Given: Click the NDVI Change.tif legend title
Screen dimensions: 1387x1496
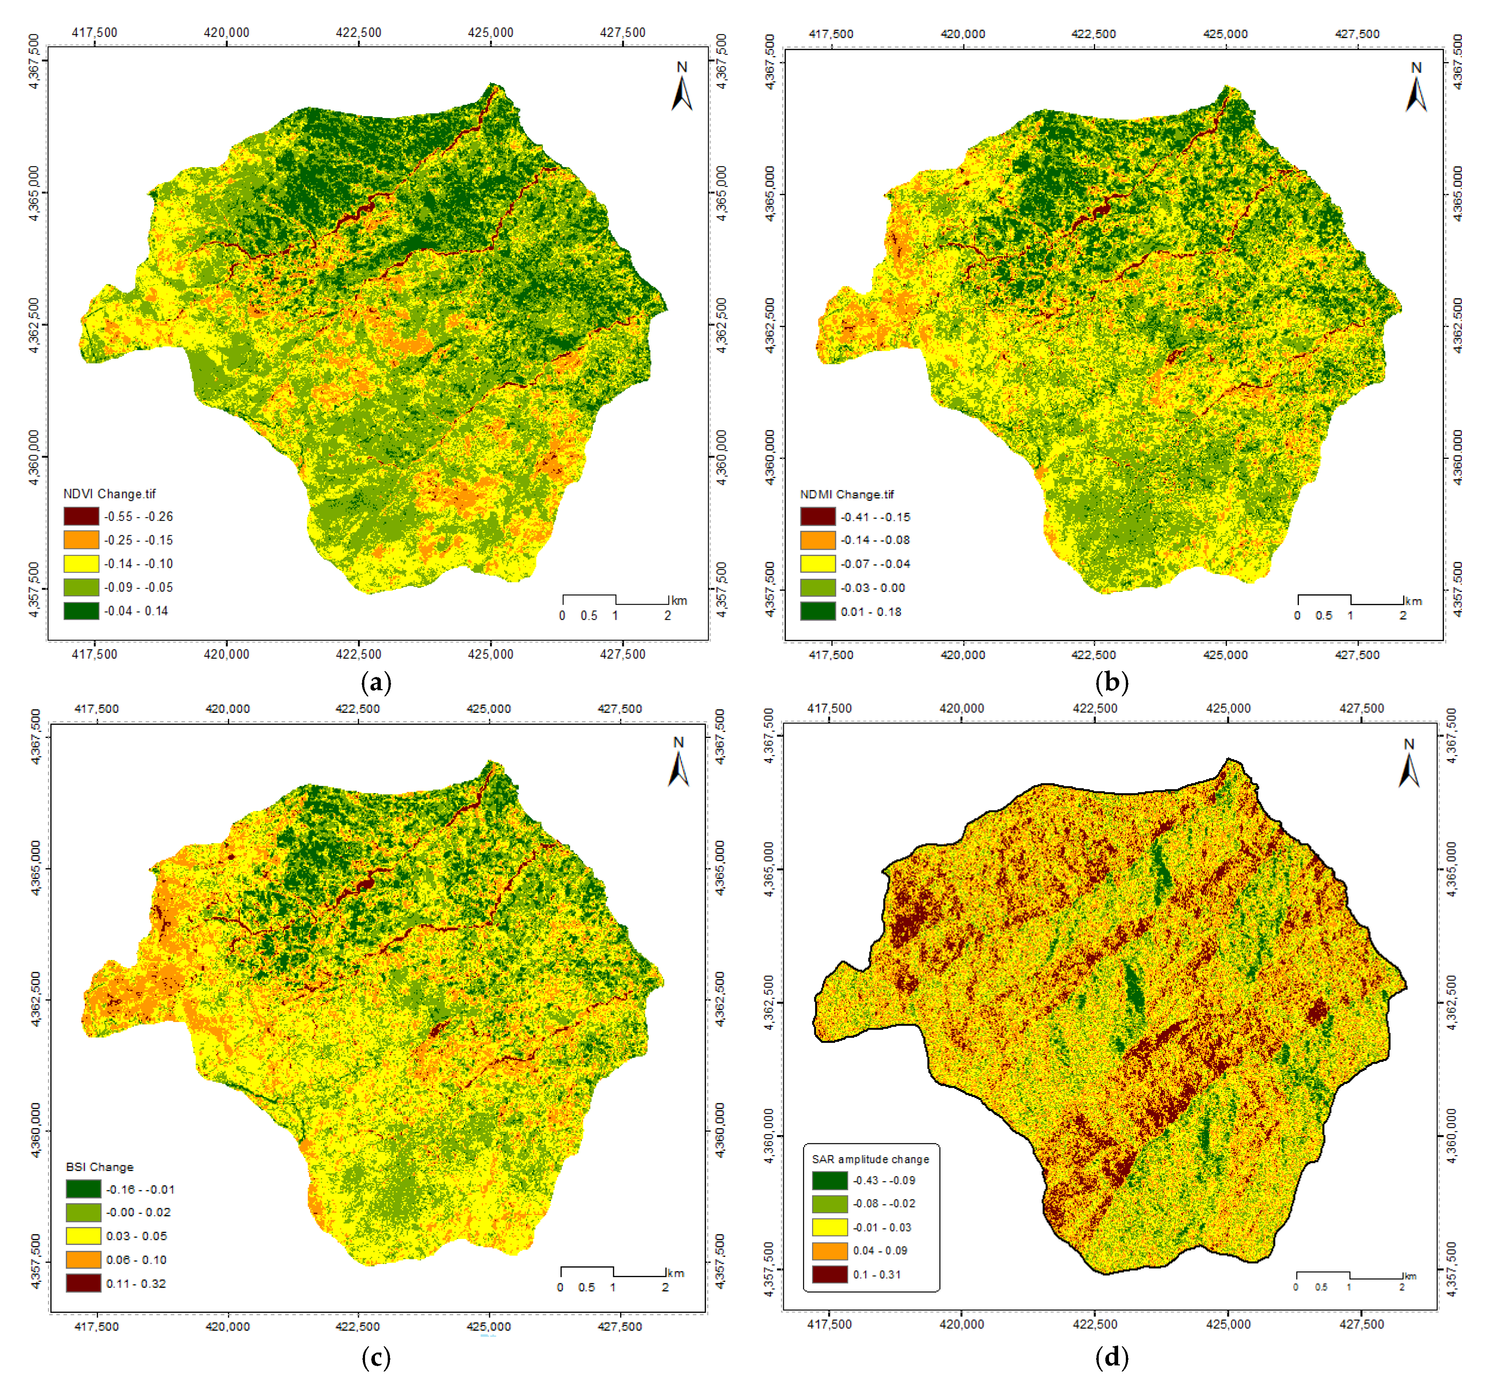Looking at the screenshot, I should click(x=110, y=494).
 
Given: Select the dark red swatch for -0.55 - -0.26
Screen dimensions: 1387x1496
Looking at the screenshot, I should click(x=81, y=516).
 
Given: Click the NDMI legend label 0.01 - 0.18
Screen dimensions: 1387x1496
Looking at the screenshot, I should click(x=871, y=612).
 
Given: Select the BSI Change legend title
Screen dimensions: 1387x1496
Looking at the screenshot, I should click(x=100, y=1167).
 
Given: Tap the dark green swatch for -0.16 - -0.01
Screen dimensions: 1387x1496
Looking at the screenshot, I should click(x=83, y=1189).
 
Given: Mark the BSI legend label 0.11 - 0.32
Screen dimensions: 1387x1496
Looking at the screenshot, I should click(x=136, y=1284).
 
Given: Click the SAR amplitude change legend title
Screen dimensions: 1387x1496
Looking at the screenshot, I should click(x=870, y=1160).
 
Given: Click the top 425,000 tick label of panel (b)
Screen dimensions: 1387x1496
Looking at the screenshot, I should click(x=1225, y=34).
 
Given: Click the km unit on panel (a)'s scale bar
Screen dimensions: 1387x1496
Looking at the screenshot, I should click(x=679, y=600).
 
